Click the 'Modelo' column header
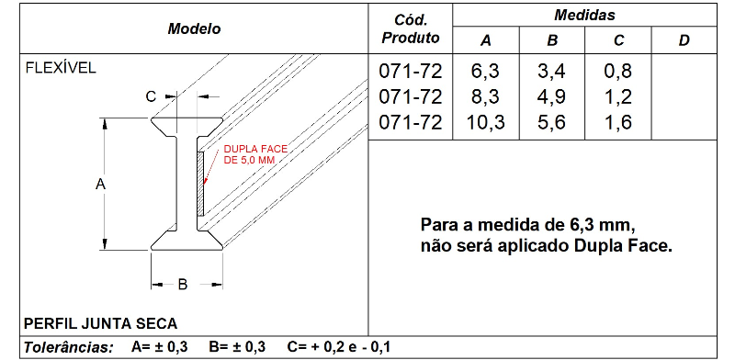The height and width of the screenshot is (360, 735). click(194, 28)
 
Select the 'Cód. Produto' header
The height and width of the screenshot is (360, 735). click(410, 28)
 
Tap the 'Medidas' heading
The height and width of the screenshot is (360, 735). click(584, 16)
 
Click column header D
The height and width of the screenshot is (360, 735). click(684, 40)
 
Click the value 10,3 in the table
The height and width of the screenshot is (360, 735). click(486, 122)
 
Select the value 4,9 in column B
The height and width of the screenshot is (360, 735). click(551, 96)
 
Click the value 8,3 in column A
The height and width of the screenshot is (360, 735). click(486, 96)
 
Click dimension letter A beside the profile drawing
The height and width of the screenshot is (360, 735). click(101, 184)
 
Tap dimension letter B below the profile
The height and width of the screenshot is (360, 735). click(182, 286)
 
